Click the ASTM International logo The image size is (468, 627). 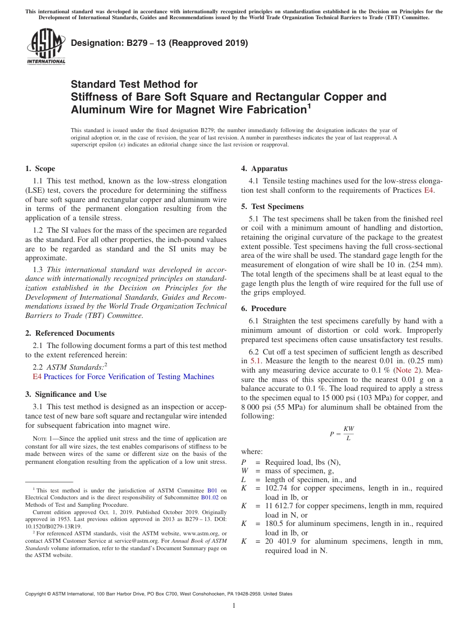pos(45,47)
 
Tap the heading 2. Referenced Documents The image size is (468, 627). pos(70,333)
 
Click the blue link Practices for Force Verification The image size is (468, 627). pos(129,377)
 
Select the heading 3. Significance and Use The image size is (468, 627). pos(66,394)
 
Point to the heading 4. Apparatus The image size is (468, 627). pos(265,169)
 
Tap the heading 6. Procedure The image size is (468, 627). pos(264,309)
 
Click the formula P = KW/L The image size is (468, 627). pos(342,434)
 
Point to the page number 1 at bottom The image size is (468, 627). pos(234,606)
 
